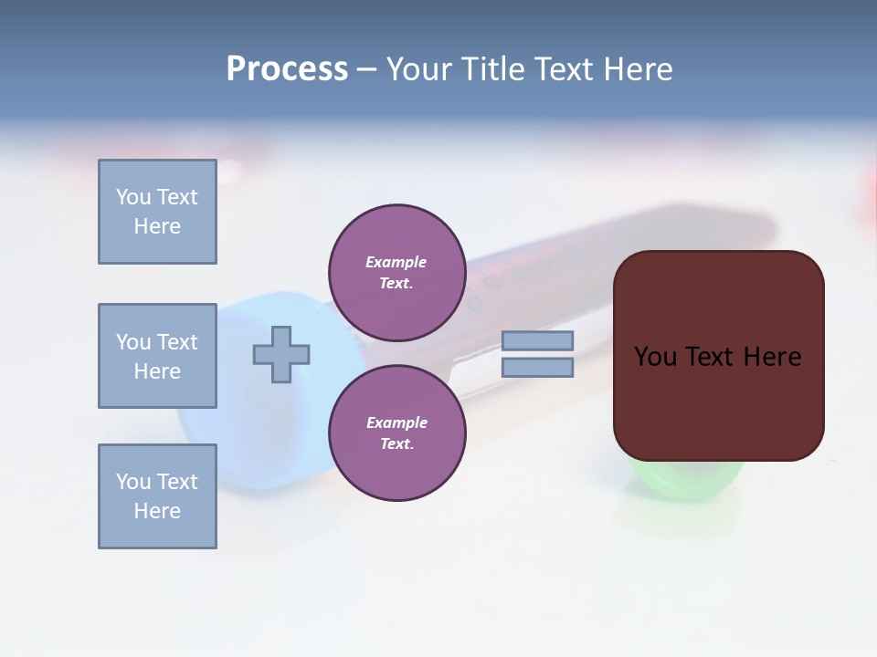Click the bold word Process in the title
click(287, 69)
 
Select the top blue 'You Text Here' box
click(157, 212)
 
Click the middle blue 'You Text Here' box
click(157, 356)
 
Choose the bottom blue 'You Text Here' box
click(157, 496)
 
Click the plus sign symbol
click(281, 354)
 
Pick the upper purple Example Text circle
click(396, 273)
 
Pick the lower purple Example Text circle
click(396, 433)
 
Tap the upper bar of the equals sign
click(537, 341)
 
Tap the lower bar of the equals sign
click(537, 367)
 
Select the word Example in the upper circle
click(396, 262)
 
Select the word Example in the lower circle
click(396, 422)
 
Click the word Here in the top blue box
click(157, 226)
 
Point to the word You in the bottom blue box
click(133, 482)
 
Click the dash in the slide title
click(366, 69)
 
